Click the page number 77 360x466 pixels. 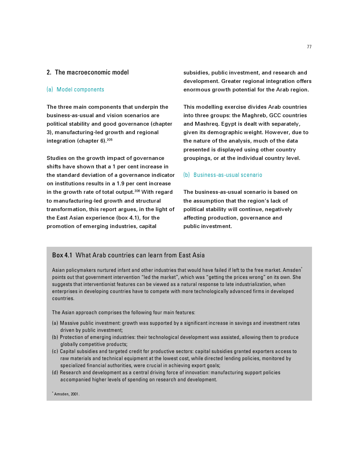309,47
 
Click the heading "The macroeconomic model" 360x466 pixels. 92,72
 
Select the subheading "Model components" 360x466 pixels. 80,90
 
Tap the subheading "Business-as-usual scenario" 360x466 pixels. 228,175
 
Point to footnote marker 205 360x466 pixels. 110,140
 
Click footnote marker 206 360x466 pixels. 137,191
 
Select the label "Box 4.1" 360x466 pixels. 62,255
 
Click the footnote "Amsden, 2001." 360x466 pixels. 67,394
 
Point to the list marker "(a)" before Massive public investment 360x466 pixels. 55,323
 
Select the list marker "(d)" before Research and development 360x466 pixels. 55,372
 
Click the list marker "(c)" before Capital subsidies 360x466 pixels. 55,351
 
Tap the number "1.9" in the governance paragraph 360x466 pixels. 121,184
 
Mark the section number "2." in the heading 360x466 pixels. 49,72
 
